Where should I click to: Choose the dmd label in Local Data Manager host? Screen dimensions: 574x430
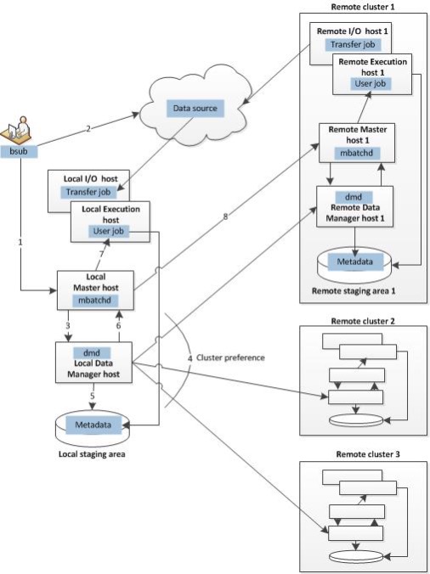pyautogui.click(x=93, y=352)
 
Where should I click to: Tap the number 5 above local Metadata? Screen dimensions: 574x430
pyautogui.click(x=92, y=393)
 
